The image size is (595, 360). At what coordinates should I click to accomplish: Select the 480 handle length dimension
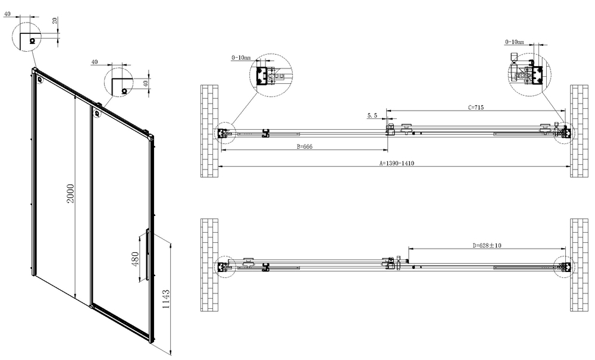point(135,260)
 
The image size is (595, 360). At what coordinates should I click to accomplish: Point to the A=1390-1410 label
point(397,163)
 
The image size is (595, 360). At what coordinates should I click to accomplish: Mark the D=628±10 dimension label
point(487,245)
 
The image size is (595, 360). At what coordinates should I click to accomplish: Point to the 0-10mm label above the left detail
point(241,58)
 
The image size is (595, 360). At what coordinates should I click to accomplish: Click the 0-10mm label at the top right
point(514,42)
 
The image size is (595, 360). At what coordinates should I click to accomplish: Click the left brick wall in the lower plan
point(210,265)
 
